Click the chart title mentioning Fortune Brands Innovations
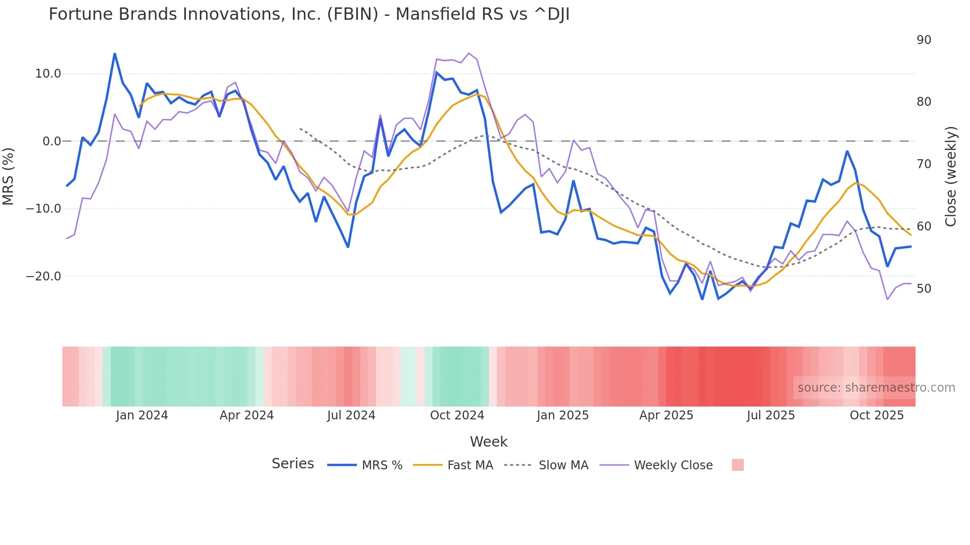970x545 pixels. coord(309,14)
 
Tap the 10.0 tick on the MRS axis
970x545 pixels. coord(48,74)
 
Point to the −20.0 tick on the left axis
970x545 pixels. coord(44,276)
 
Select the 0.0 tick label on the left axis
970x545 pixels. coord(52,141)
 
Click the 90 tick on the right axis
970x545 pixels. coord(923,40)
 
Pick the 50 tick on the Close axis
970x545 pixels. coord(923,289)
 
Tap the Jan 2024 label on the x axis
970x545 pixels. coord(142,415)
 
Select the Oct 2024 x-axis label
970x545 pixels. coord(457,415)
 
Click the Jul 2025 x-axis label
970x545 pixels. coord(771,415)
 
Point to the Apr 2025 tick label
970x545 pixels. coord(666,415)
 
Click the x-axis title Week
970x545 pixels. coord(488,442)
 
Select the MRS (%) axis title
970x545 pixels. coord(8,176)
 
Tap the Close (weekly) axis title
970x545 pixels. coord(950,176)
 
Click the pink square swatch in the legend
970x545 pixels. coord(737,465)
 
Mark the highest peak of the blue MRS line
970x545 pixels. coord(115,54)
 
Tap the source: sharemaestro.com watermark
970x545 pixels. coord(876,388)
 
